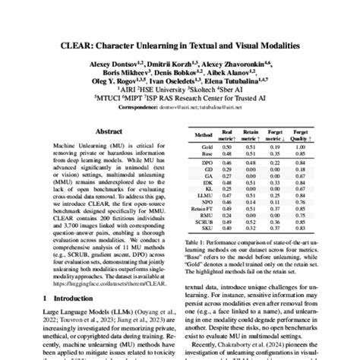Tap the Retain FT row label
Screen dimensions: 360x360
[203, 207]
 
